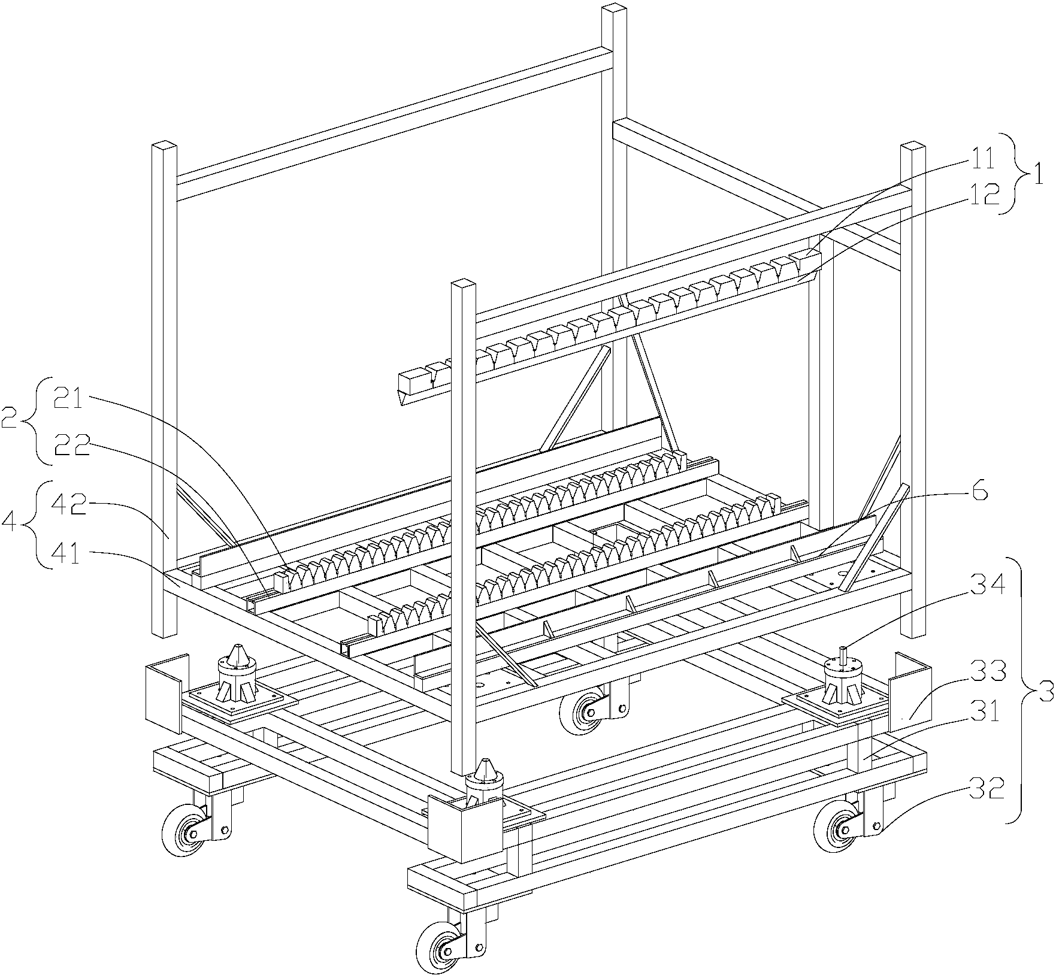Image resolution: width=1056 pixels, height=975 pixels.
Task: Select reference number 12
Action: point(982,195)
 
